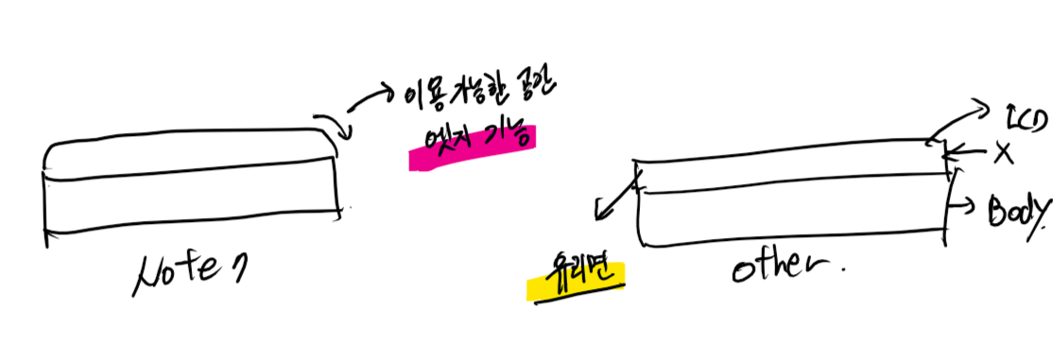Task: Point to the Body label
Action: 1017,211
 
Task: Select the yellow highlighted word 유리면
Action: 574,276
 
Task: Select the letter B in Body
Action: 997,210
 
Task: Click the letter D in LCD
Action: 1040,120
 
